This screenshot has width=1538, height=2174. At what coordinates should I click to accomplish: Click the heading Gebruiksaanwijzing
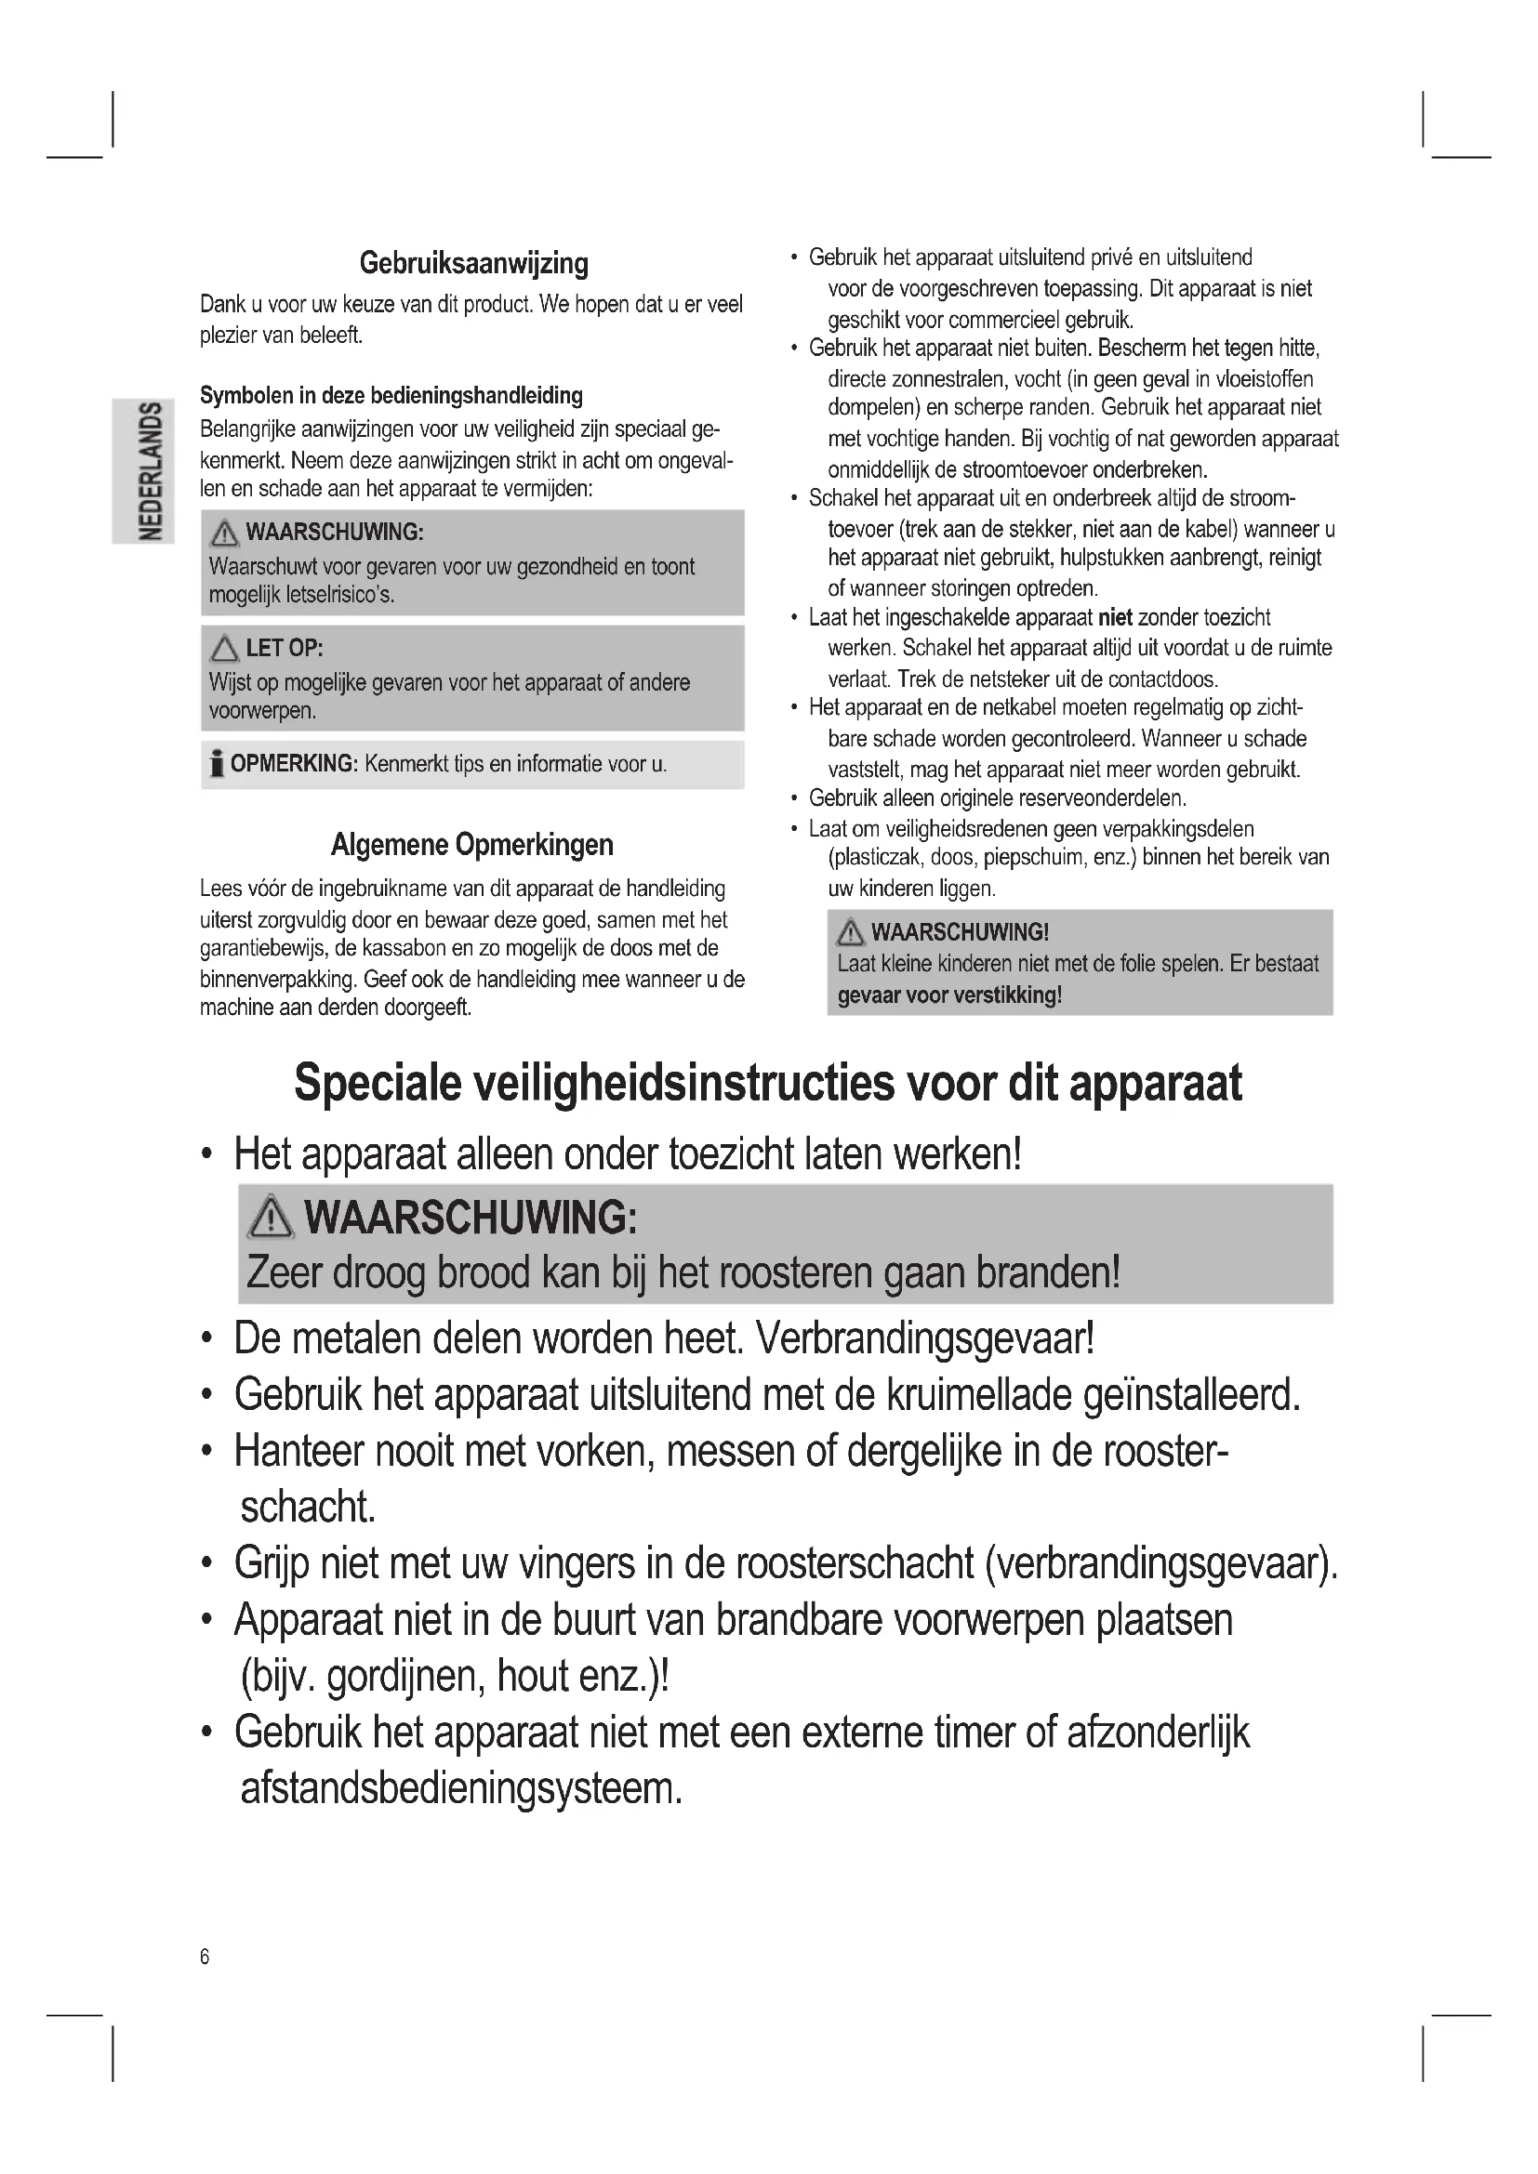[473, 263]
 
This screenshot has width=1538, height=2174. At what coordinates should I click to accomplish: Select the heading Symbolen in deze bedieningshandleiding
[391, 396]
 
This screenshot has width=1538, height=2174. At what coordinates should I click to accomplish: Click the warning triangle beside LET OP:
[224, 649]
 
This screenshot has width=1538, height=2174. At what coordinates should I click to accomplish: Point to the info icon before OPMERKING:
[217, 763]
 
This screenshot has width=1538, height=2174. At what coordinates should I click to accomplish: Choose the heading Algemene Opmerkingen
[471, 845]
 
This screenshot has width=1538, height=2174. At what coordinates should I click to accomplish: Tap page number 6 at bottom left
[205, 1957]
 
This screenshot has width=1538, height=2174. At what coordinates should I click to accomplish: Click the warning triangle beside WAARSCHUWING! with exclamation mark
[851, 932]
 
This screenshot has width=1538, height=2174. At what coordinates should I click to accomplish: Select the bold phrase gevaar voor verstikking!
[949, 995]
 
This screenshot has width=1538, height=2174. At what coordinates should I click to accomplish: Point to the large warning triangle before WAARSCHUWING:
[271, 1218]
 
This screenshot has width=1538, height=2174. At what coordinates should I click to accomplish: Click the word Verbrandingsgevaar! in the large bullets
[925, 1337]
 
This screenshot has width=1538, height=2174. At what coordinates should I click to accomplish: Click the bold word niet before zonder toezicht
[1115, 618]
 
